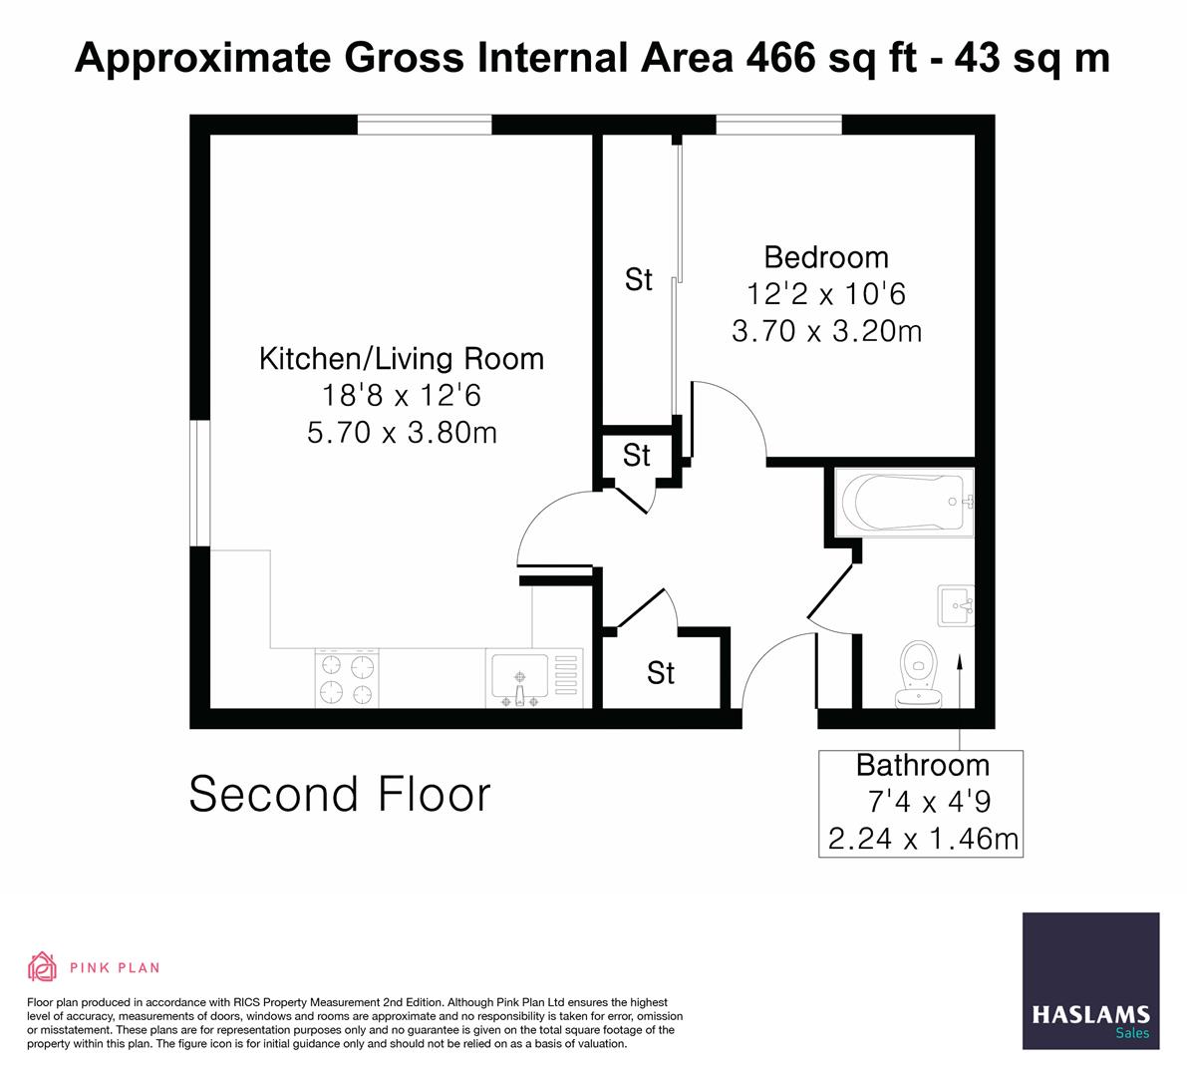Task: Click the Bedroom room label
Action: coord(825,257)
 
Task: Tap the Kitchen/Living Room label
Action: coord(402,359)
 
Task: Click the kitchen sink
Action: coord(517,679)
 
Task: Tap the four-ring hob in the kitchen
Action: coord(348,678)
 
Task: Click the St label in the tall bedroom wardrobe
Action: coord(638,280)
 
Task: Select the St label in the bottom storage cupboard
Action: coord(661,673)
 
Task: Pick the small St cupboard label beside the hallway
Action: coord(636,456)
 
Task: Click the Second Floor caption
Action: coord(340,795)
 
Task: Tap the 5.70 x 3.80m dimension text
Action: coord(402,434)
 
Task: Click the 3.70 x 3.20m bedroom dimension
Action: coord(826,331)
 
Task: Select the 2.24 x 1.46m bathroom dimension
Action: coord(923,839)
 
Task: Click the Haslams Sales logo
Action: coord(1091,981)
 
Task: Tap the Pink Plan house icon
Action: coord(42,966)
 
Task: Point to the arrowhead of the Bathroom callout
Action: coord(960,658)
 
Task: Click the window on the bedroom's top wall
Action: coord(779,125)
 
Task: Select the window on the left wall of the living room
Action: coord(200,483)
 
